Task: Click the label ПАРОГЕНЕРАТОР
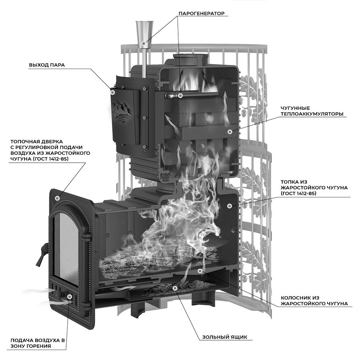click(201, 14)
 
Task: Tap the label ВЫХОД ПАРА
click(47, 65)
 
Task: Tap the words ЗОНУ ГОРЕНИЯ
click(31, 346)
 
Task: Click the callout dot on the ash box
click(175, 288)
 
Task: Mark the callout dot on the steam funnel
click(143, 44)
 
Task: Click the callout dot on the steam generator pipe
click(180, 95)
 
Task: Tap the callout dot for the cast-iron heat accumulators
click(229, 132)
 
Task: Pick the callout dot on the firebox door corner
click(57, 198)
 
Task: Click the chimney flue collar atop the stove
click(185, 58)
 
